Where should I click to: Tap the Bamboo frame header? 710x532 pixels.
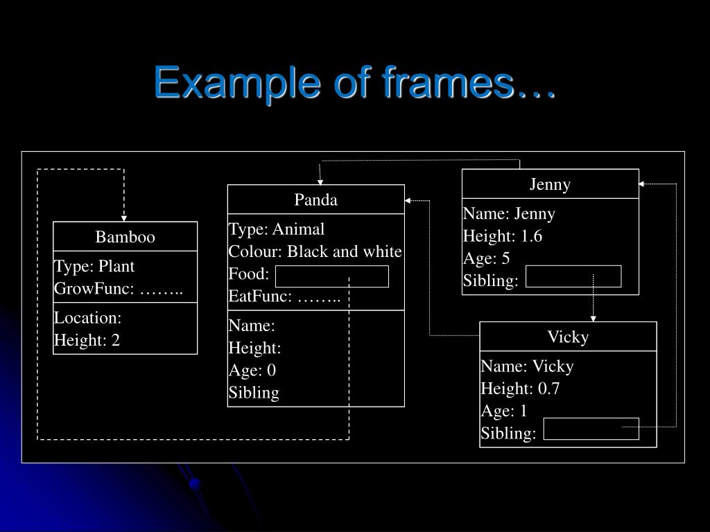125,237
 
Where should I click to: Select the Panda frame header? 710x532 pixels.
315,199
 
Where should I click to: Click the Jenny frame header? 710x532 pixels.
550,184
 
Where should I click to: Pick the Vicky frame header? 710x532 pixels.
568,337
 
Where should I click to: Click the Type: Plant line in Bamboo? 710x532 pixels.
94,266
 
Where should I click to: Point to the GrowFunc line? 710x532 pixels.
119,289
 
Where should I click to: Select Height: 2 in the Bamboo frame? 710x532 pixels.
87,340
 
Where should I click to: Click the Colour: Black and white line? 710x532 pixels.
315,251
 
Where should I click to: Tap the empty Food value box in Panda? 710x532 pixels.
331,276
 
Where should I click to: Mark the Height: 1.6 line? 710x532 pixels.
503,236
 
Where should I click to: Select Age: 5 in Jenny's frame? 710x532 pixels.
486,258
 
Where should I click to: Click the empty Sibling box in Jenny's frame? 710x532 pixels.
573,276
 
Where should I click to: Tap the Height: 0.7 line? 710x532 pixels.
520,389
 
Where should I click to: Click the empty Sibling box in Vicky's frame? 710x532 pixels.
591,429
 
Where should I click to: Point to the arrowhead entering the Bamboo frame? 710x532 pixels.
124,217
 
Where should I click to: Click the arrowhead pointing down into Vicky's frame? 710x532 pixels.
593,317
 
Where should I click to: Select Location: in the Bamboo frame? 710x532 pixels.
88,318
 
